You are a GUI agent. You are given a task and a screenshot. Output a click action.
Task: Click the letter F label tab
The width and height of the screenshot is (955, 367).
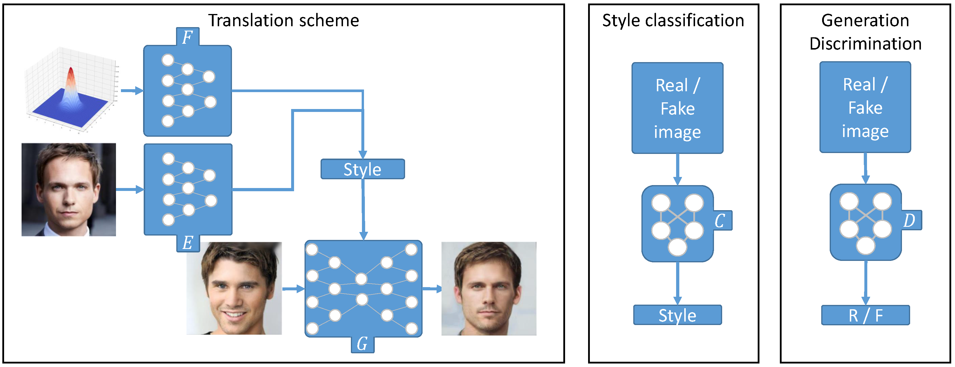pos(188,37)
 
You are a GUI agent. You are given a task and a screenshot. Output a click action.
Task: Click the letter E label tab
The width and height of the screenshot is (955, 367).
pos(188,243)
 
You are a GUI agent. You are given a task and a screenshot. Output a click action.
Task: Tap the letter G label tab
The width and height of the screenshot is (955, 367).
pos(362,344)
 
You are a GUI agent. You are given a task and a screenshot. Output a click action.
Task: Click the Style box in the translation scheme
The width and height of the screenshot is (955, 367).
pos(362,169)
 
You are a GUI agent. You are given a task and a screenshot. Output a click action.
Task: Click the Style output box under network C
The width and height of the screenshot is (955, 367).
pos(677,315)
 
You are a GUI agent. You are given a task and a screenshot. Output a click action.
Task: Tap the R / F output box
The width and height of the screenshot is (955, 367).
pos(865,315)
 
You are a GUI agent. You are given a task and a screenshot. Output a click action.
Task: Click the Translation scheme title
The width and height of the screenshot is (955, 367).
pos(283,20)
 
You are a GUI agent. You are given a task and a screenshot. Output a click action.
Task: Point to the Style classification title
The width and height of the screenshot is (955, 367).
pos(673,20)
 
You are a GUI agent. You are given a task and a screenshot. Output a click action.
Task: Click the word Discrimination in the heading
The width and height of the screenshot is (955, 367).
pos(865,44)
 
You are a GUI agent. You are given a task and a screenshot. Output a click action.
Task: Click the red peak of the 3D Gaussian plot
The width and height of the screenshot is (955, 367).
pos(71,72)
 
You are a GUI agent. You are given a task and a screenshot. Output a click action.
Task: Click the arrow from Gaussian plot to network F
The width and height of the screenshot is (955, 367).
pos(132,90)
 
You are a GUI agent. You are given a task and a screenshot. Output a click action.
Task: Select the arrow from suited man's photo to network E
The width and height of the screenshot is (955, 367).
pos(130,189)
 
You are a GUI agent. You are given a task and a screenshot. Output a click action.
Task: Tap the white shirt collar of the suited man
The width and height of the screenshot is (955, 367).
pos(50,232)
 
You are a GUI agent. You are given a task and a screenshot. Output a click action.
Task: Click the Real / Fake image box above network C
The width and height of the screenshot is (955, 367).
pos(677,108)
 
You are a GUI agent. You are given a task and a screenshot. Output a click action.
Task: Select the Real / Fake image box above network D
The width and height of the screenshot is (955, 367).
pos(865,108)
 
